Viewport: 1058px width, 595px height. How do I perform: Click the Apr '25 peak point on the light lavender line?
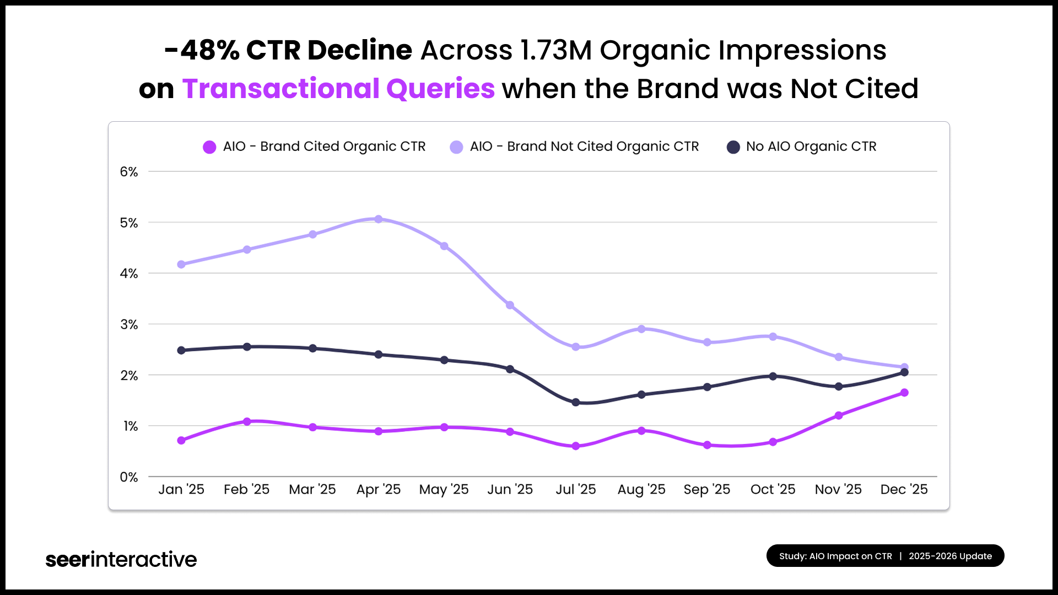[378, 219]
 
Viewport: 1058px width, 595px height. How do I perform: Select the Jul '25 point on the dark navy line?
[576, 402]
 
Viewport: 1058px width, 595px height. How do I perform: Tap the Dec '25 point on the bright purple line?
[904, 393]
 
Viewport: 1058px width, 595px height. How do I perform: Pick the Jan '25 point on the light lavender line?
[181, 264]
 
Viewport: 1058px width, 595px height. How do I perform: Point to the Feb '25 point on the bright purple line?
[247, 421]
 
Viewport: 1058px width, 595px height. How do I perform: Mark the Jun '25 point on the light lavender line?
[510, 305]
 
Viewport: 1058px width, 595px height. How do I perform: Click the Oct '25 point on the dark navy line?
[773, 376]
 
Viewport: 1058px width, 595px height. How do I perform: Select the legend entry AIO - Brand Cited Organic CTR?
[315, 147]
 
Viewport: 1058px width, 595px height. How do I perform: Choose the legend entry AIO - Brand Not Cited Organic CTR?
[575, 147]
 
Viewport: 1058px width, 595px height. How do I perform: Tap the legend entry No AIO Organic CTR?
[802, 147]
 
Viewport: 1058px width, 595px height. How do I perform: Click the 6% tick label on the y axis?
[129, 172]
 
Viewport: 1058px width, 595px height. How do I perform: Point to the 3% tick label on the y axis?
[129, 324]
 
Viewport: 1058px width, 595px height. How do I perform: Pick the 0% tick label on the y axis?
[129, 477]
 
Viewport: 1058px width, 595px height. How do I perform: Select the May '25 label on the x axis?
[444, 489]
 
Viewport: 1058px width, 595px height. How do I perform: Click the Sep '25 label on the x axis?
[707, 489]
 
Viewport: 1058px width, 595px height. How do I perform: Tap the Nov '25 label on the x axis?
[838, 489]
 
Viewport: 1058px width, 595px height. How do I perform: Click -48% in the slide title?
[202, 50]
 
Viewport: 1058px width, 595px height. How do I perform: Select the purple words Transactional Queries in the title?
[338, 89]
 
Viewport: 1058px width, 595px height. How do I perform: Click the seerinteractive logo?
[121, 559]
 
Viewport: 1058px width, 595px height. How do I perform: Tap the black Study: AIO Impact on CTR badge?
[885, 556]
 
